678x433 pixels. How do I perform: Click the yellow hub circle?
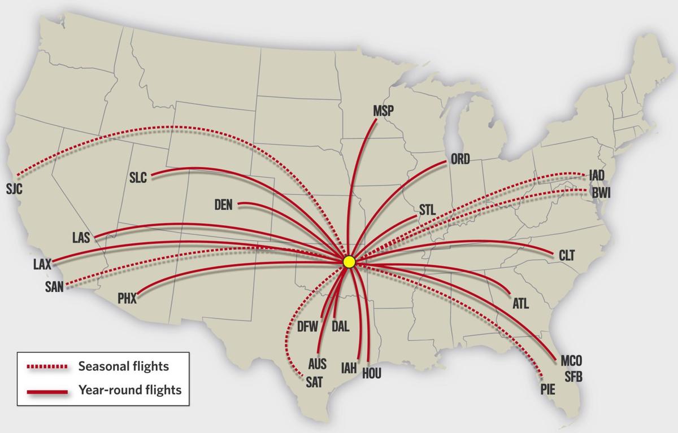click(349, 261)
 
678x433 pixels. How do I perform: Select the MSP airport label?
click(384, 111)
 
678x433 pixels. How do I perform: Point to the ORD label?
click(460, 160)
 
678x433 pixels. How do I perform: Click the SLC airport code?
click(138, 178)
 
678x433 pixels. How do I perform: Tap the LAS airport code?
click(81, 238)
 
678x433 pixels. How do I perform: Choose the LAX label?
click(42, 264)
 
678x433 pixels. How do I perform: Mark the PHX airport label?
click(127, 299)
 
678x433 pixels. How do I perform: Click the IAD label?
click(597, 176)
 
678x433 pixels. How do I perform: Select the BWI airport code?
click(601, 194)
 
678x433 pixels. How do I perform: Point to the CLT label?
click(567, 256)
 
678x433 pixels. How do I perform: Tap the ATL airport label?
click(520, 304)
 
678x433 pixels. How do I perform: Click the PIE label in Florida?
click(547, 389)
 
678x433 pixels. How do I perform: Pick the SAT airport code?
click(314, 382)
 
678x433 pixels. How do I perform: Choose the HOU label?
click(371, 373)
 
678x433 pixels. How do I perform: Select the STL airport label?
click(428, 210)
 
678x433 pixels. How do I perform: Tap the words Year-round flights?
click(130, 390)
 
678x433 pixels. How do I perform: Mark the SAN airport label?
click(55, 286)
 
